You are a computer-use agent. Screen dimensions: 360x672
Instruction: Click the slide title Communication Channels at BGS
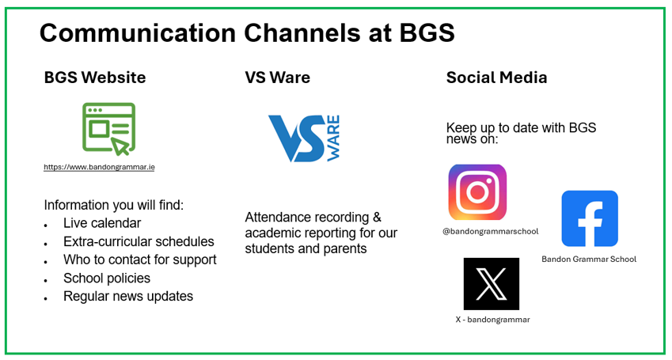247,33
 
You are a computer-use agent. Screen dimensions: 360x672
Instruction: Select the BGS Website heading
95,78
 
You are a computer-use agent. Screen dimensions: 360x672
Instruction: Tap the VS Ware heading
277,78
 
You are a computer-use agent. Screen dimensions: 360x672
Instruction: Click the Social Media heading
496,78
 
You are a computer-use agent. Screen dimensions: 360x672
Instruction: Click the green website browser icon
109,128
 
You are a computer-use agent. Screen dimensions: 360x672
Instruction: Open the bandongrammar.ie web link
99,167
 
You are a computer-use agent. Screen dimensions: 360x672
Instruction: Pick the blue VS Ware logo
304,138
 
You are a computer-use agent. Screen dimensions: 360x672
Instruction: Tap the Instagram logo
477,191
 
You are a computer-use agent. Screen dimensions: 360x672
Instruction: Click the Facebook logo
590,218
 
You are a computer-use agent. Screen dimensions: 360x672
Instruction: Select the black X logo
492,284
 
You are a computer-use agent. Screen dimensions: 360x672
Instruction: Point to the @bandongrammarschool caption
490,231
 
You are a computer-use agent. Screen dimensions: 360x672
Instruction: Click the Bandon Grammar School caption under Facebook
589,259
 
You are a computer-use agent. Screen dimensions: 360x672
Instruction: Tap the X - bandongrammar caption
492,320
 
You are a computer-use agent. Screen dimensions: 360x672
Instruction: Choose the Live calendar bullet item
102,223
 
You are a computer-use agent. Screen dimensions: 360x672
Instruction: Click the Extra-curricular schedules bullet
139,241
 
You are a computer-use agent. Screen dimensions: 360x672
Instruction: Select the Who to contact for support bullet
139,260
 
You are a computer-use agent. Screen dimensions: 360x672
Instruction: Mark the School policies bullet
107,278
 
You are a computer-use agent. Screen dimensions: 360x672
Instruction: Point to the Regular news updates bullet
128,296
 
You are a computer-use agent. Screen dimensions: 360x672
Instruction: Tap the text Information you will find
113,204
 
